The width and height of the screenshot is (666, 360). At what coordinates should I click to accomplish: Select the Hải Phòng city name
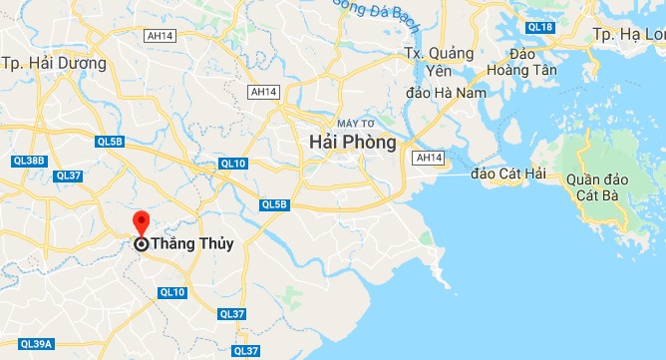coord(352,143)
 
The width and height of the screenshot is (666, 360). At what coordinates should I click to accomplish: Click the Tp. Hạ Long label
coord(629,34)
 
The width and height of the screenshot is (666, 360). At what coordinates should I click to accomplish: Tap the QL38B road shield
coord(29,160)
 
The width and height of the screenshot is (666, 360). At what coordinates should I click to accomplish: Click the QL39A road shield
coord(35,344)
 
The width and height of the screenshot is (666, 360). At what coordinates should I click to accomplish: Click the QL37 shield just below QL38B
coord(69,176)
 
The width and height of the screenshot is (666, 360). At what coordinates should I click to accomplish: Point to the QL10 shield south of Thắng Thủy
coord(172,292)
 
